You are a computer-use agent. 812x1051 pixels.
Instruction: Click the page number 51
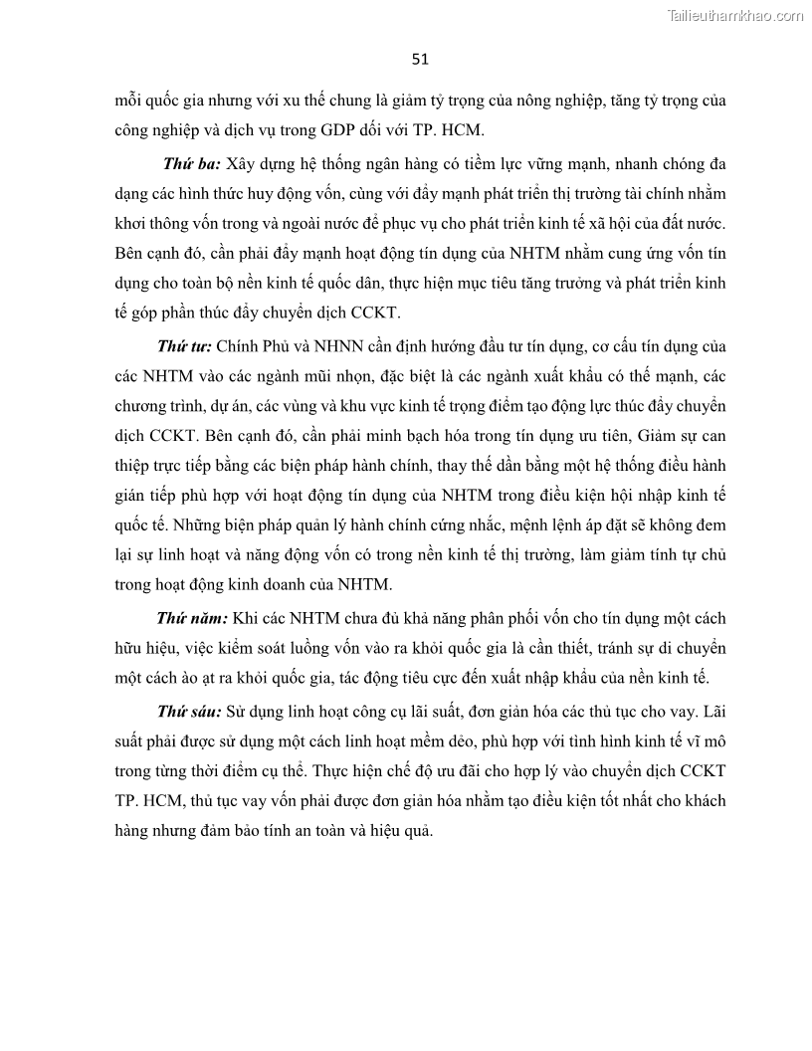click(419, 59)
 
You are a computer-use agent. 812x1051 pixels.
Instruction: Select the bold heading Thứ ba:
click(192, 164)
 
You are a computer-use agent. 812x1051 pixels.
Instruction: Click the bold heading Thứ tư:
click(184, 345)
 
